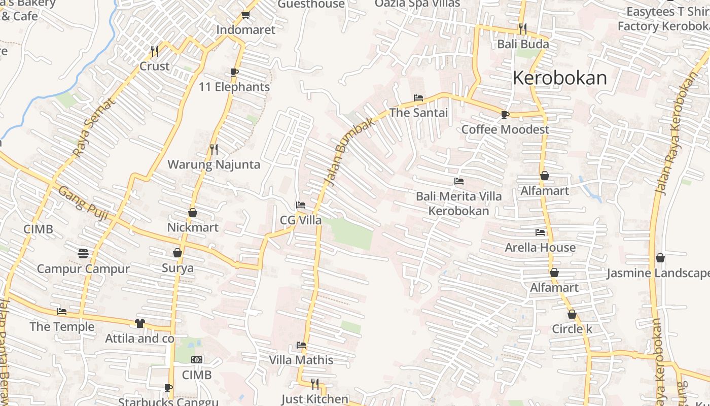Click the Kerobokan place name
pos(559,78)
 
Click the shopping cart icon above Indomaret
pos(246,15)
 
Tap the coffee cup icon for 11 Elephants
pos(234,73)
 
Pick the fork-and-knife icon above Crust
pos(155,51)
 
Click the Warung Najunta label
pos(214,164)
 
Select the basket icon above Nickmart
pos(193,213)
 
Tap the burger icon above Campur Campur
pos(83,254)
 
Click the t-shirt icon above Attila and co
pos(140,323)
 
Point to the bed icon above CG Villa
pos(301,206)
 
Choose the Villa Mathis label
pos(301,360)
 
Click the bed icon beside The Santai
pos(418,98)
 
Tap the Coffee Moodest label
pos(505,129)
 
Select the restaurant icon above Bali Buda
pos(523,28)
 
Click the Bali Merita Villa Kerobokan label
pos(459,204)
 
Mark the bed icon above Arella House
pos(540,233)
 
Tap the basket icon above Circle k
pos(572,315)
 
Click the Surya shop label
pos(177,267)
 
